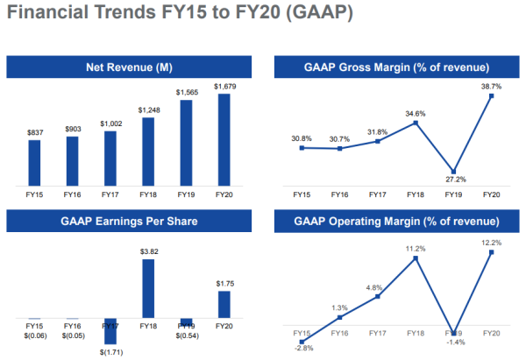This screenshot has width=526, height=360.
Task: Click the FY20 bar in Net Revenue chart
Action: coord(224,140)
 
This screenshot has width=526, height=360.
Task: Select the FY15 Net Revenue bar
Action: coord(34,163)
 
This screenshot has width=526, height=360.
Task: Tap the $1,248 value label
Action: coord(148,109)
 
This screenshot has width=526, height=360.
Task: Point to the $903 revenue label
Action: coord(72,129)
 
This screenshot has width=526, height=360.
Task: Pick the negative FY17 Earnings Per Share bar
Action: coord(110,331)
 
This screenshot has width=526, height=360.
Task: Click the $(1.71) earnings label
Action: coord(110,351)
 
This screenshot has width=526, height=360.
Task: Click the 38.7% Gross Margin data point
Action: coord(492,96)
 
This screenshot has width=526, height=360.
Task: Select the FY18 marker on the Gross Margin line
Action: coord(416,123)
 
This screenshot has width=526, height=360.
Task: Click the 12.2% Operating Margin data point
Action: coord(492,252)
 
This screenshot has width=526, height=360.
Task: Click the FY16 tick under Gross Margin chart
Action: coord(339,194)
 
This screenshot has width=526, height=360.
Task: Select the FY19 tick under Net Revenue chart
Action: coord(186,194)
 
